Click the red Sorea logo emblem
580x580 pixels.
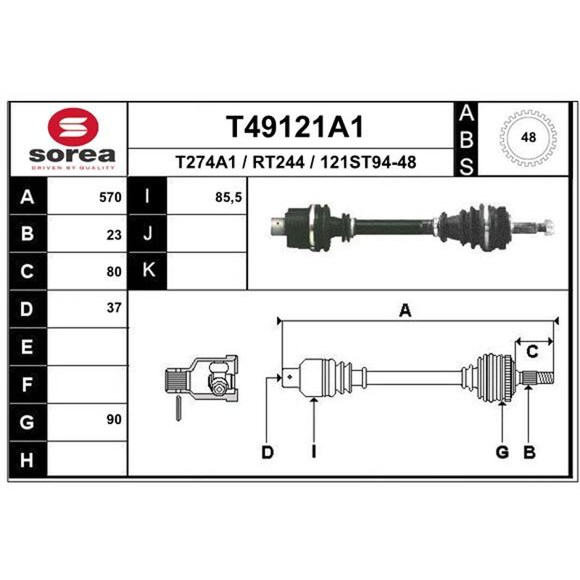tap(73, 127)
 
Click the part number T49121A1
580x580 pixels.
tap(295, 126)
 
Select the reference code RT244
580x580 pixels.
tap(278, 162)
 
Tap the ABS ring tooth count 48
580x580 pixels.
tap(529, 138)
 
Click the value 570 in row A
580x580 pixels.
tap(110, 197)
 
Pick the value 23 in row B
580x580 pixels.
tap(114, 235)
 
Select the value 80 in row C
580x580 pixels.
tap(114, 272)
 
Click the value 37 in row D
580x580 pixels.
tap(114, 307)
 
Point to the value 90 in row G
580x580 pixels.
tap(114, 420)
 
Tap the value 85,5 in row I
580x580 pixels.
tap(228, 197)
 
